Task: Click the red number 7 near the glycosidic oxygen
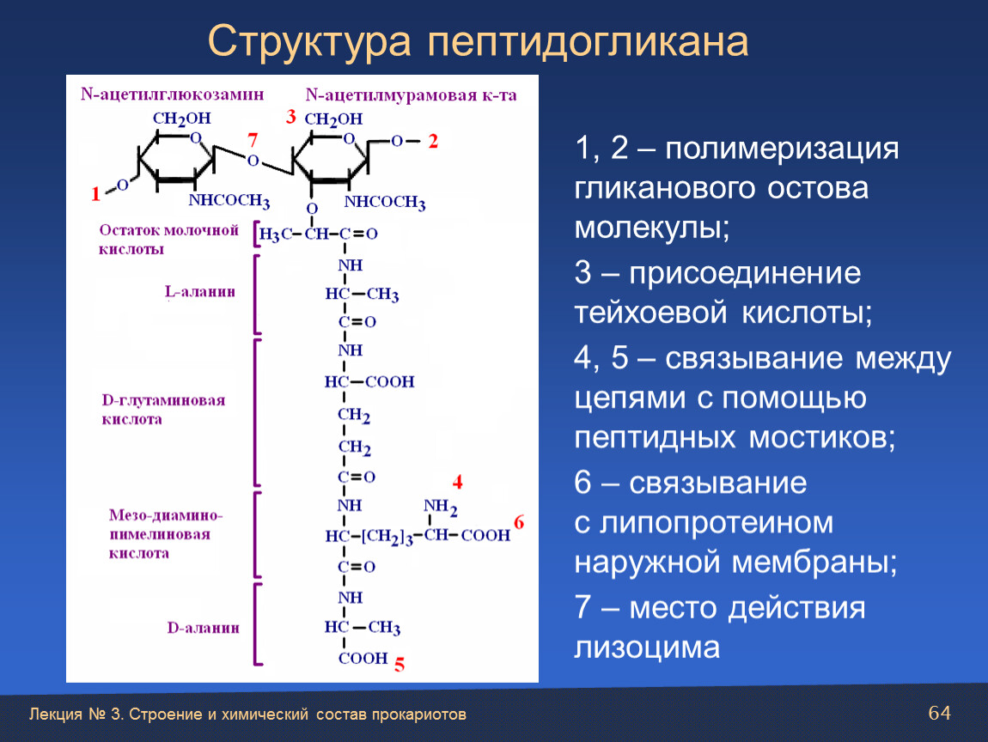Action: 253,139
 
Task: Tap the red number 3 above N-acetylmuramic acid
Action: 290,117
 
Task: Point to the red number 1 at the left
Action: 95,193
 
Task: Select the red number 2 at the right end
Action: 433,141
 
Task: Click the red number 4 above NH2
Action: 457,483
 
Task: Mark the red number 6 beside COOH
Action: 519,522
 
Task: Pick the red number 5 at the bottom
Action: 399,665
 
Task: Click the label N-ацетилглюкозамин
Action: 172,94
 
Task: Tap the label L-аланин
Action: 199,292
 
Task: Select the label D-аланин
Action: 203,628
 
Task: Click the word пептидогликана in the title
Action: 588,41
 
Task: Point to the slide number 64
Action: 940,713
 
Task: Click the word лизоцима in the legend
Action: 646,648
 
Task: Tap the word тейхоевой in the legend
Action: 650,313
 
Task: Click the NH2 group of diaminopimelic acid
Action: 441,507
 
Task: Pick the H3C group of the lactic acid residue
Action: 276,234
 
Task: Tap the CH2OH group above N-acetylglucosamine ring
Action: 182,119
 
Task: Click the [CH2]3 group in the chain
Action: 387,538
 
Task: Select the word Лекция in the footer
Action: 56,715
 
